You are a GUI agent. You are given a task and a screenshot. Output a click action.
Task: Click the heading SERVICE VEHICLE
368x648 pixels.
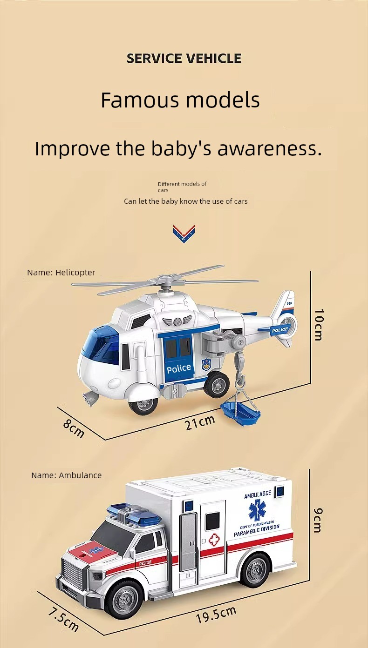point(184,58)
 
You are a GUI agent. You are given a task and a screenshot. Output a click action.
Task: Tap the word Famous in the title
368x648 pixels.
point(140,100)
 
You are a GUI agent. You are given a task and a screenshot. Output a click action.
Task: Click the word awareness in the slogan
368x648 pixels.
point(270,148)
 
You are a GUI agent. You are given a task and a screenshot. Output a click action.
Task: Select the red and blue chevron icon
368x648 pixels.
point(184,234)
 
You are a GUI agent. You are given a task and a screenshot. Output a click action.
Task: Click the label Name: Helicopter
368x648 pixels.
point(61,273)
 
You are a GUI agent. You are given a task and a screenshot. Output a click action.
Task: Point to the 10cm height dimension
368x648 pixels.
point(319,325)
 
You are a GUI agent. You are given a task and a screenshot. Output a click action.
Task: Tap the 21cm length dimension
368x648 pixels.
point(200,422)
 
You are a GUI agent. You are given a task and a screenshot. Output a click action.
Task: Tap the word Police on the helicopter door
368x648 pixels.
point(179,368)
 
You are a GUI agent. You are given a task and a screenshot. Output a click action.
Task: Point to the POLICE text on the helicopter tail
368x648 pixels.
point(280,330)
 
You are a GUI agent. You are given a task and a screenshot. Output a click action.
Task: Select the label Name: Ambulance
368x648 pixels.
point(66,475)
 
